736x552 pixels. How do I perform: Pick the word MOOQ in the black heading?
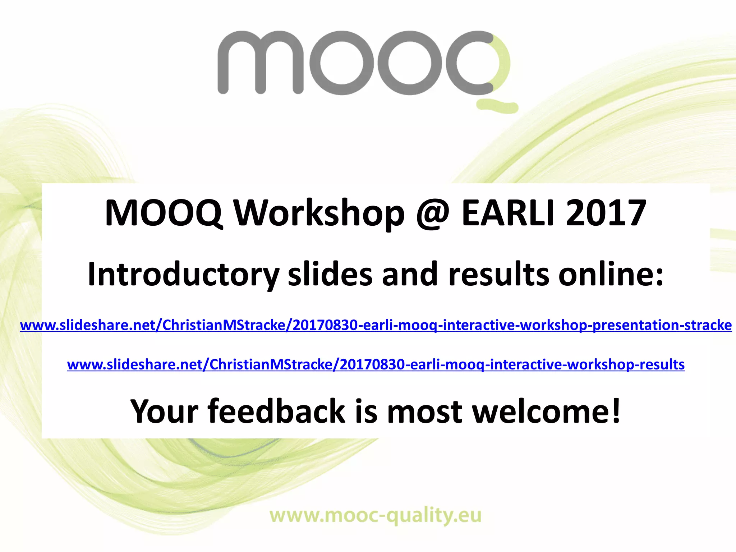164,213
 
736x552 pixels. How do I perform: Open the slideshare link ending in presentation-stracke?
376,325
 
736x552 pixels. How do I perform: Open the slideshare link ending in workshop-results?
376,365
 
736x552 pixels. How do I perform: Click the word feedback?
276,411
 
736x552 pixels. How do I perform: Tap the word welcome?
546,411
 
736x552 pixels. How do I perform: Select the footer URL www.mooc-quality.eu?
376,516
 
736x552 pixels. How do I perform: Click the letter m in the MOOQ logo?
260,63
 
